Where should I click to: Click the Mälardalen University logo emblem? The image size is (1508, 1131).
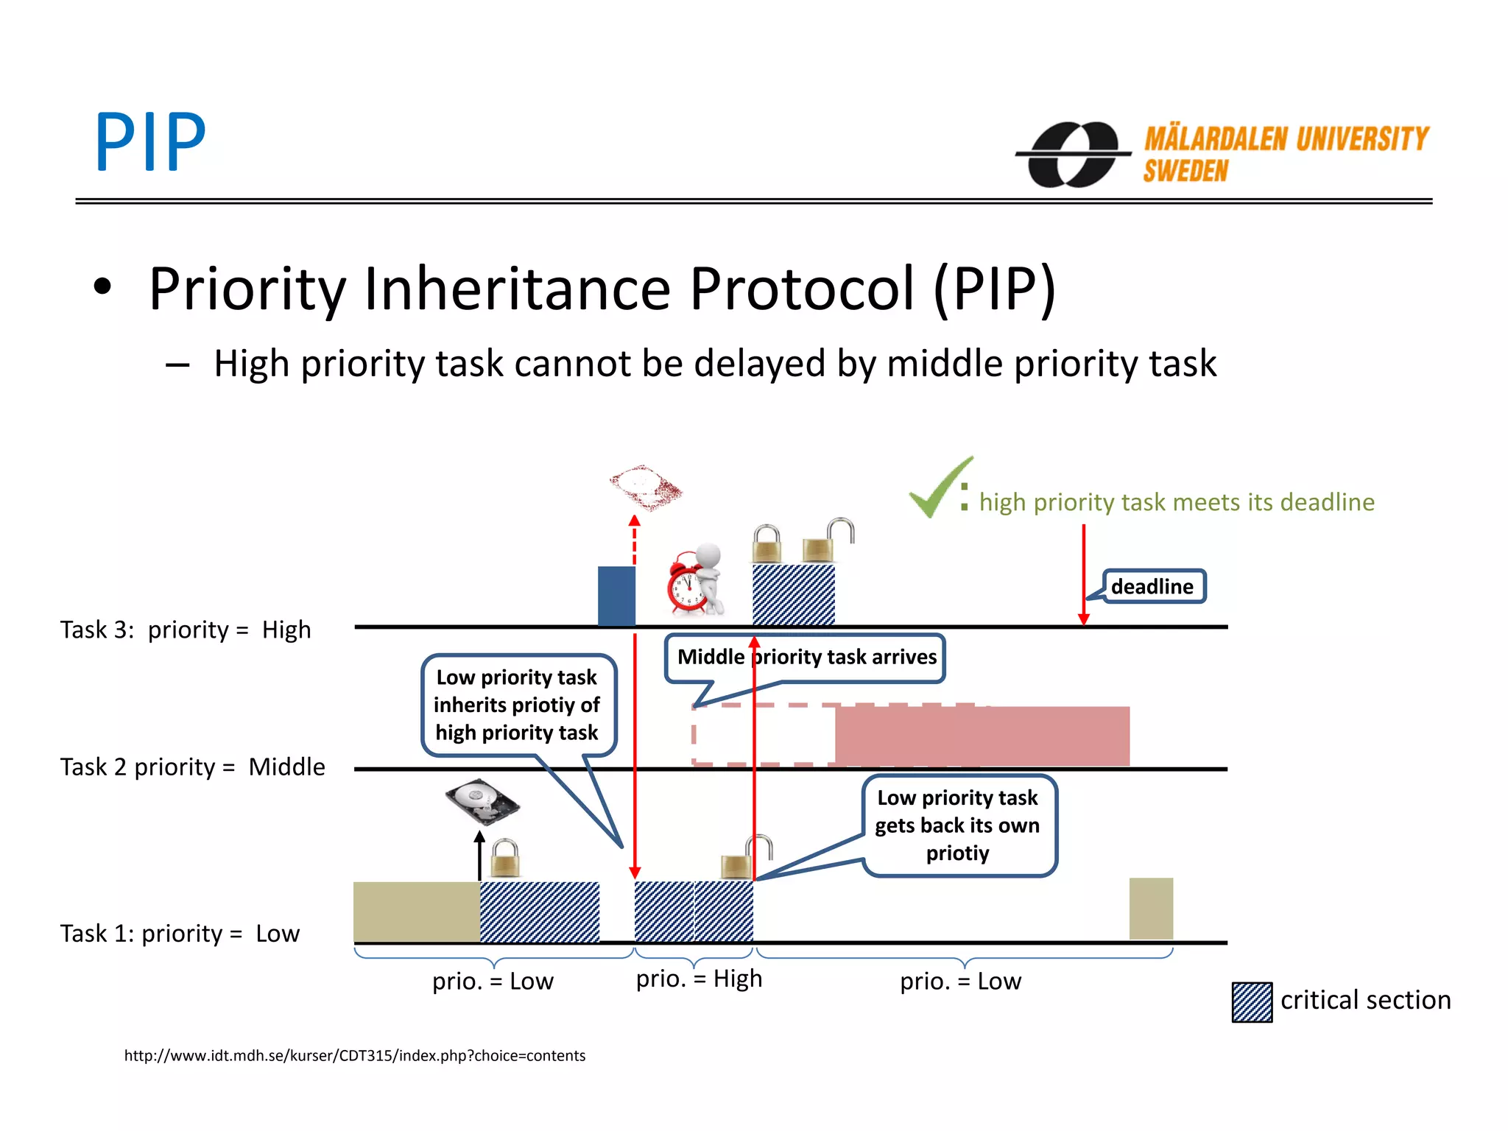(1073, 154)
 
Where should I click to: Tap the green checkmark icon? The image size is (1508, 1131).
(938, 488)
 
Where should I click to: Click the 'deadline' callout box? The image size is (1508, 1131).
(1152, 586)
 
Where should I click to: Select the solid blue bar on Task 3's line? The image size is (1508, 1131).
(616, 595)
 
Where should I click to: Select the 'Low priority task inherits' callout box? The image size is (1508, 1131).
(517, 705)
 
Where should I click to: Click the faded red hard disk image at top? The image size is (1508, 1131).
(645, 487)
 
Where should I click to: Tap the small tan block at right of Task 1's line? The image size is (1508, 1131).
(1150, 908)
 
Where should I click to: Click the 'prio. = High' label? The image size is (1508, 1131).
(699, 979)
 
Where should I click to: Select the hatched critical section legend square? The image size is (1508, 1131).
(1251, 1001)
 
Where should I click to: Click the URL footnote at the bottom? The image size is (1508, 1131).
(355, 1055)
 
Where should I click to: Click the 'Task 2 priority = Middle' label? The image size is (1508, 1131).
(192, 767)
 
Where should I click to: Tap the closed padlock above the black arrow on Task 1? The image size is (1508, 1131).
(505, 858)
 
